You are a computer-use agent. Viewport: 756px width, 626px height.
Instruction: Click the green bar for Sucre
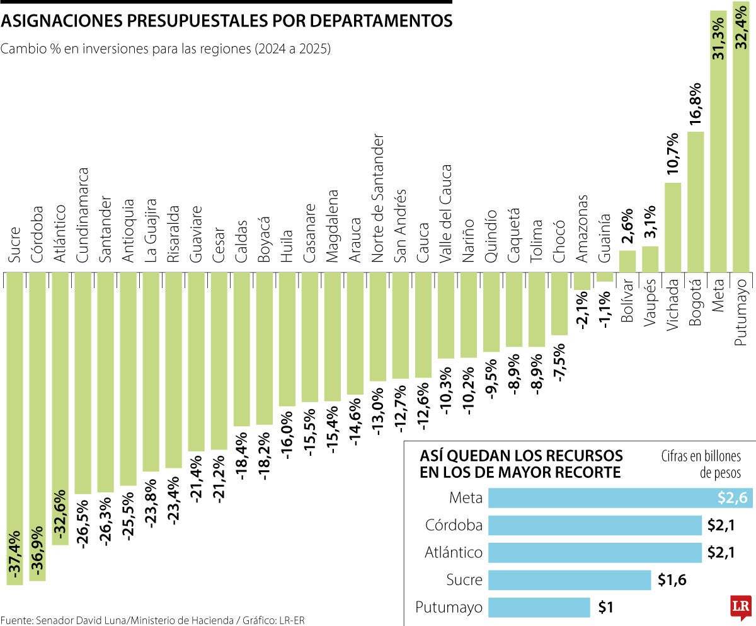coord(14,429)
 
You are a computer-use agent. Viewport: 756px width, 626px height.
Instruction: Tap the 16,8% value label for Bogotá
coord(695,105)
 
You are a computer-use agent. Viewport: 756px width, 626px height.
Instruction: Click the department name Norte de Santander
coord(377,199)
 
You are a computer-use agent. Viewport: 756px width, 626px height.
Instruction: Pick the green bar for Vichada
coord(673,227)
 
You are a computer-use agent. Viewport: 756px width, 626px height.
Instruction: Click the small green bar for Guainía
coord(604,277)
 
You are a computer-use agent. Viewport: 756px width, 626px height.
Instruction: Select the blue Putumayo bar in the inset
coord(539,608)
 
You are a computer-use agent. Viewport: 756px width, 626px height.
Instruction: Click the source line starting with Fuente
coord(152,619)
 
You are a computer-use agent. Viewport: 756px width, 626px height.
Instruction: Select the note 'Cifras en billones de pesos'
coord(701,464)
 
